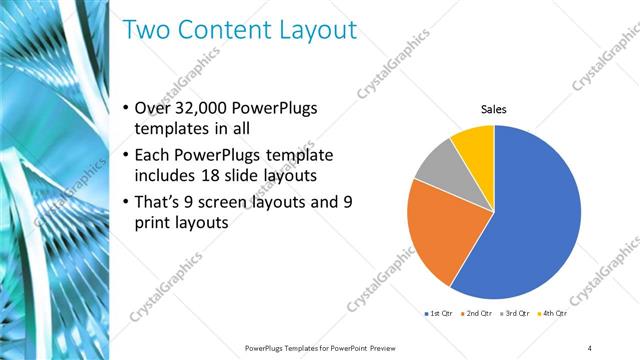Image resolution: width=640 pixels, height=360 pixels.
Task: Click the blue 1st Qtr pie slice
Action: [x=535, y=220]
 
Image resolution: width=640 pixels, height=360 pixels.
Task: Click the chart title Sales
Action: [x=494, y=109]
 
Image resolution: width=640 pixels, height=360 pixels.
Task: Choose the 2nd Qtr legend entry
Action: [x=476, y=313]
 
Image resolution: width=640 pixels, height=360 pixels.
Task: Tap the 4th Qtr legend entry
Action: [x=554, y=313]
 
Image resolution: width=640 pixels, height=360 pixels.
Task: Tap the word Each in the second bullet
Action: [x=152, y=155]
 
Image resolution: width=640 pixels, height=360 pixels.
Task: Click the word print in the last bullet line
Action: [x=152, y=223]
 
